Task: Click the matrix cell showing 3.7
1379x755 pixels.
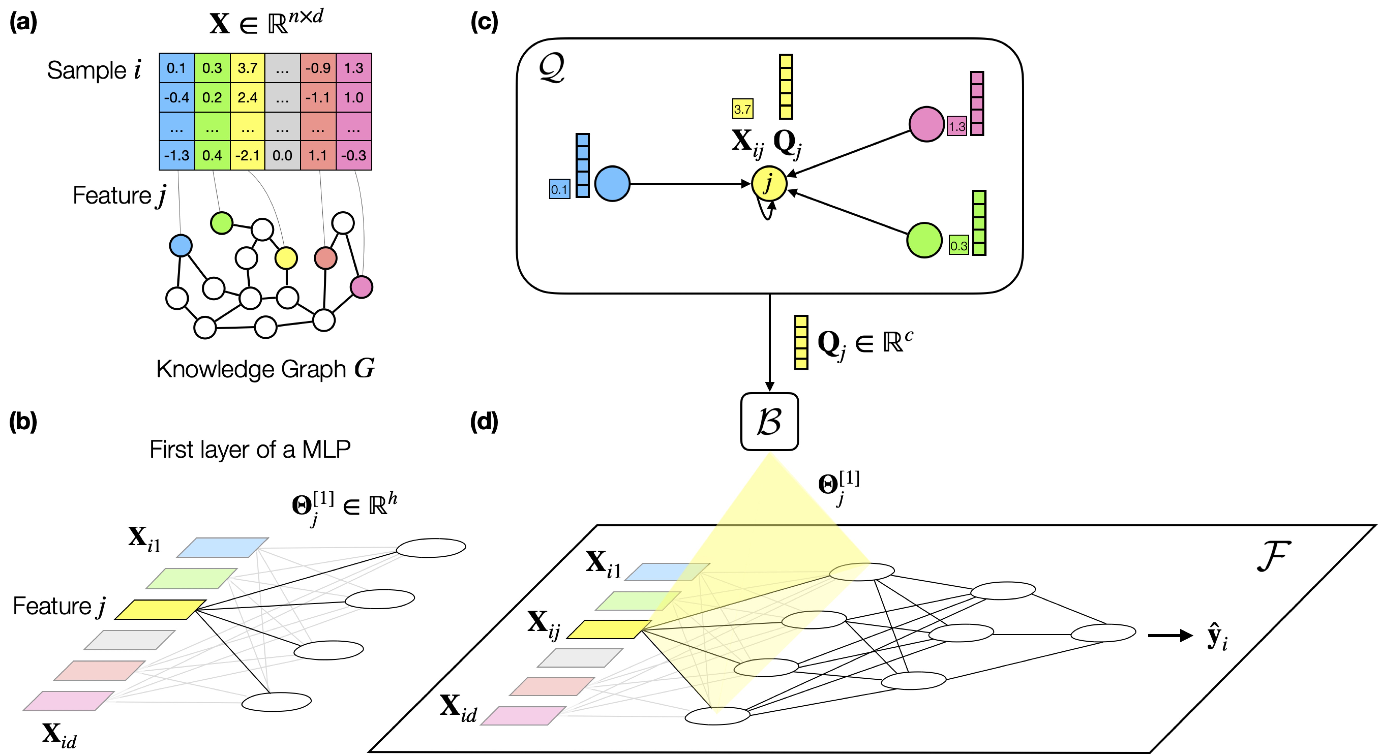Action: [x=247, y=68]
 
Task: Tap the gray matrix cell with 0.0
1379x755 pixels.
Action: [x=282, y=155]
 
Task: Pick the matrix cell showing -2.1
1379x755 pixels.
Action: [x=247, y=155]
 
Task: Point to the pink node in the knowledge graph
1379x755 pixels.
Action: [x=361, y=287]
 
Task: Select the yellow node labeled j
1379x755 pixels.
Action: [x=769, y=183]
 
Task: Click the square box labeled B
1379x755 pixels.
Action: [x=769, y=422]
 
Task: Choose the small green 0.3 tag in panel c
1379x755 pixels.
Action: [x=959, y=246]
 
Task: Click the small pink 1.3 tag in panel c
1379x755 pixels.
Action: [x=957, y=126]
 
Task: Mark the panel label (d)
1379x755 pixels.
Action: [x=484, y=422]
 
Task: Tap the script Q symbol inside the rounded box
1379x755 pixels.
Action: [x=551, y=69]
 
